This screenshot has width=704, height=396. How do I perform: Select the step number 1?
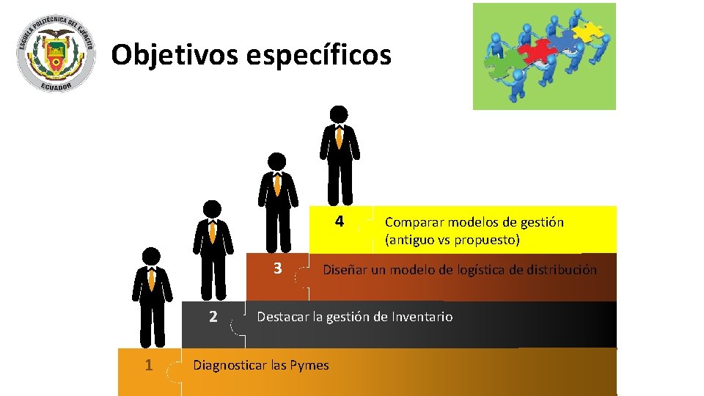pyautogui.click(x=149, y=364)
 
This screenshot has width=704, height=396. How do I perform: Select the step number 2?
pyautogui.click(x=213, y=317)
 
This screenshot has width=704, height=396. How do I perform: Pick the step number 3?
pyautogui.click(x=277, y=268)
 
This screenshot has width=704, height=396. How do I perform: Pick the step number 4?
pyautogui.click(x=339, y=221)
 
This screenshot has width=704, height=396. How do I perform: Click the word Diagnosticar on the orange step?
pyautogui.click(x=228, y=364)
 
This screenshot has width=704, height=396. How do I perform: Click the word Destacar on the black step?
pyautogui.click(x=282, y=317)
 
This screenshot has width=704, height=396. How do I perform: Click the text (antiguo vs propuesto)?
pyautogui.click(x=452, y=240)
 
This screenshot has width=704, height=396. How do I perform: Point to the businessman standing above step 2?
pyautogui.click(x=213, y=249)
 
